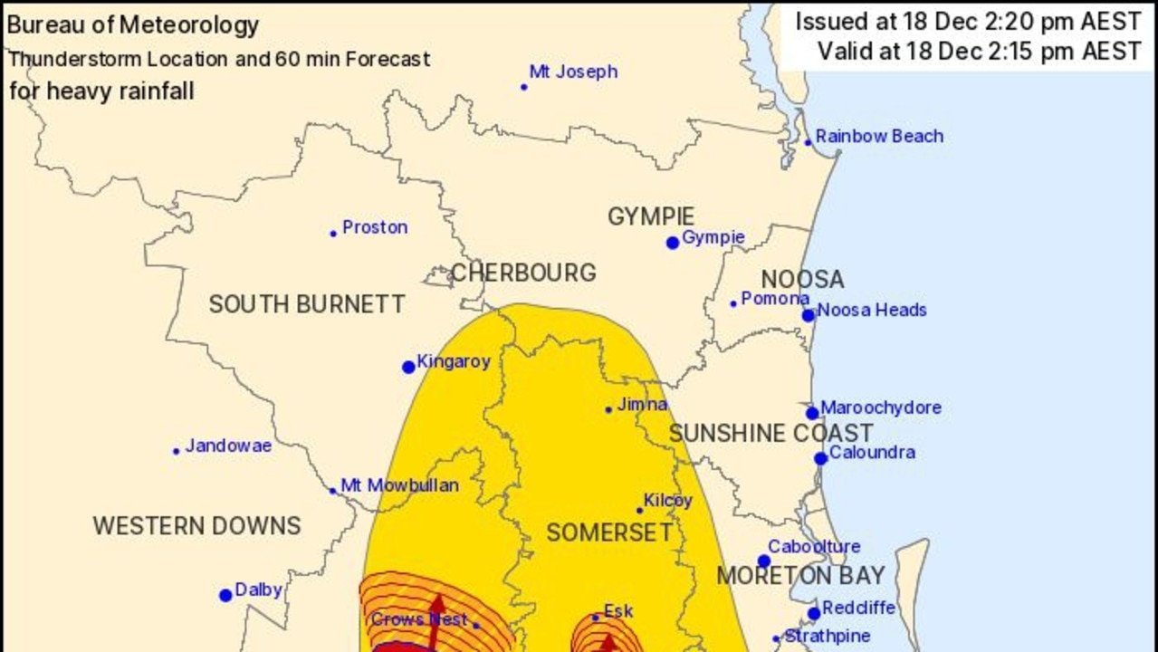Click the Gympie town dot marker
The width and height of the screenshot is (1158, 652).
(x=672, y=243)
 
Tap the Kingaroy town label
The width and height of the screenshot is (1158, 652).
(x=453, y=362)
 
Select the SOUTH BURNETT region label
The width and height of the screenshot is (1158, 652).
(x=306, y=304)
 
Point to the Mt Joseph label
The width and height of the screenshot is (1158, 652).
(x=573, y=72)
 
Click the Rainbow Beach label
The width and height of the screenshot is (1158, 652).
(x=878, y=137)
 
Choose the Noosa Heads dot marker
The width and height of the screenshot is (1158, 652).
(x=808, y=315)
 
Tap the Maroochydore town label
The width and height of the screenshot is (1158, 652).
(x=880, y=407)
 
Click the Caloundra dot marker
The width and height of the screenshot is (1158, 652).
(x=820, y=458)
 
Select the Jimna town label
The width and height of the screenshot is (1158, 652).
(x=642, y=405)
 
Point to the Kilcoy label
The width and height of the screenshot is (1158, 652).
(x=667, y=501)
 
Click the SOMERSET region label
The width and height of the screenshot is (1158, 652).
(x=609, y=532)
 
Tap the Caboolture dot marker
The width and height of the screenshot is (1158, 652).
(x=763, y=561)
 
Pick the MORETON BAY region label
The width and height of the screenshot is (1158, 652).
(x=800, y=576)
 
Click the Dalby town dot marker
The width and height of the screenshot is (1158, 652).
(x=225, y=595)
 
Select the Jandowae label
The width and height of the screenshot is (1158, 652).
(x=228, y=446)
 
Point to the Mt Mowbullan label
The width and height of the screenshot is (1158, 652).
(x=400, y=485)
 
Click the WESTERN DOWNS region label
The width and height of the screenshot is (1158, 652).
(x=196, y=525)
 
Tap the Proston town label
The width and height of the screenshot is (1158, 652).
(x=374, y=227)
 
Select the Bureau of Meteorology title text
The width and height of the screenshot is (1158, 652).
(x=133, y=25)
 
